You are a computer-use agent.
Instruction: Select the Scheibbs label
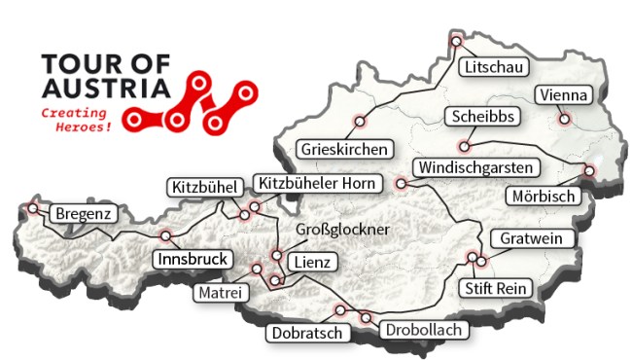[x=481, y=117]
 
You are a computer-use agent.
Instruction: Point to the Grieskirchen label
[x=346, y=150]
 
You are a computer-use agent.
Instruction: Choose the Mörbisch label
[x=544, y=196]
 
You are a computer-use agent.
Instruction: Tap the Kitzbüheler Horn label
[x=303, y=183]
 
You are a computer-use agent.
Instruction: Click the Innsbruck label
[x=192, y=259]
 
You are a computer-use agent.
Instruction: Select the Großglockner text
[x=341, y=229]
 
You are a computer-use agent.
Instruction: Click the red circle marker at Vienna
[x=563, y=121]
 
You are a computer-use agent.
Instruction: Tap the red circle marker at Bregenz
[x=34, y=208]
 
